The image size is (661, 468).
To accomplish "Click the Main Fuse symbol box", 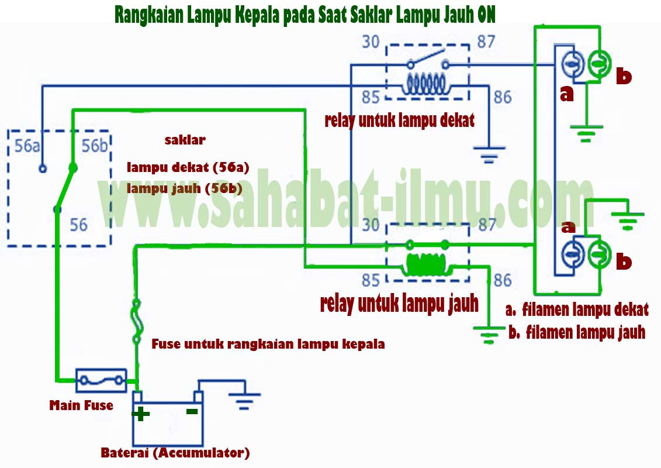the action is point(101,381).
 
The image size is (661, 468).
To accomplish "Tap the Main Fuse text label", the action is point(81,405).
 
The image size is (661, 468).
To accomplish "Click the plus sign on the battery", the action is point(141,414).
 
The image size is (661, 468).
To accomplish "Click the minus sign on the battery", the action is point(191,411).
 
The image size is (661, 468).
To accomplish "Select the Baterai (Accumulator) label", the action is point(175,453).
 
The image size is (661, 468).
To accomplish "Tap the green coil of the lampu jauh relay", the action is point(426,265).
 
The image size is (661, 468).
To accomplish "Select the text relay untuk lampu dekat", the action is point(399,121).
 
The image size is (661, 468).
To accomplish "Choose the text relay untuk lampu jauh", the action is point(399,304).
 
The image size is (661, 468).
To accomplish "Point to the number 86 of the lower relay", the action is point(503,280).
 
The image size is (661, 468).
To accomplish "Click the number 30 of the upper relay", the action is point(371,42).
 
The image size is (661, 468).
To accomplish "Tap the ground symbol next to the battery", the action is point(244,398).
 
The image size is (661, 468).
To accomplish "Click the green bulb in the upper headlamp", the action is point(598,63).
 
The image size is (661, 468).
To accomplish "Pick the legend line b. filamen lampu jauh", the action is point(577,332).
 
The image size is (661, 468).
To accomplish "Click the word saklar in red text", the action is point(185,140).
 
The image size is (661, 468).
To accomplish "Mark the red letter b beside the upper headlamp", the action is point(624,77).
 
